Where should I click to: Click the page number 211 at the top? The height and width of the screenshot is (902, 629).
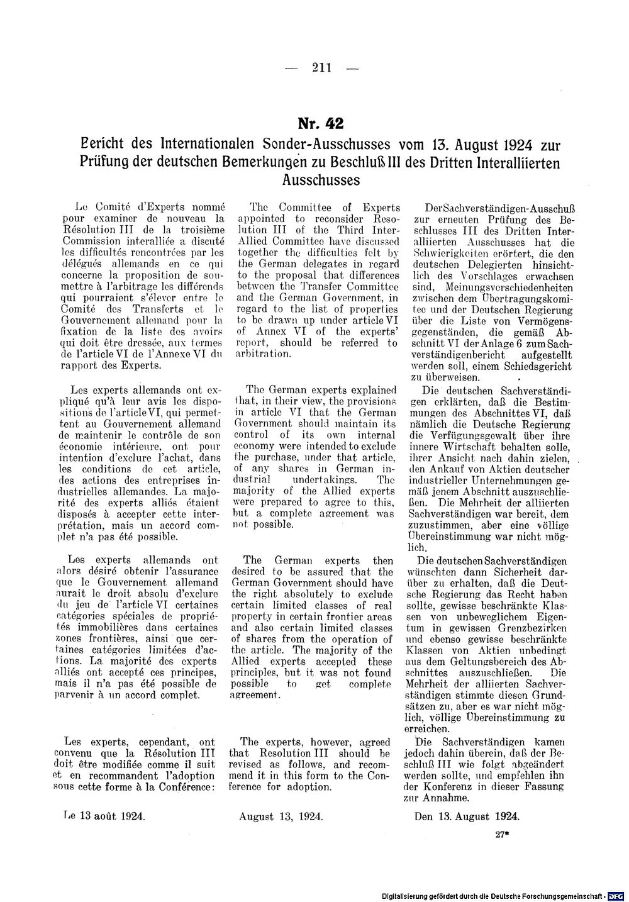click(321, 68)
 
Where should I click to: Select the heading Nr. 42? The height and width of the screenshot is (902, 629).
click(321, 123)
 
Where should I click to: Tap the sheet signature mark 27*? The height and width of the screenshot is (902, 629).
click(501, 835)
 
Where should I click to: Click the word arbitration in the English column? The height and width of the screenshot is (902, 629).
click(262, 354)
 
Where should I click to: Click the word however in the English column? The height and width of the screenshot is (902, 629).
click(318, 742)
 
